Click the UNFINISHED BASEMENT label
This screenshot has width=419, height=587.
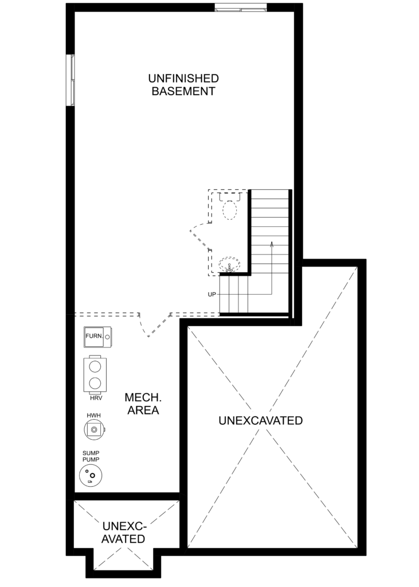(x=183, y=85)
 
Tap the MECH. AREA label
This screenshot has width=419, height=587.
(x=143, y=404)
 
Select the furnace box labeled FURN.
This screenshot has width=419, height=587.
(x=98, y=336)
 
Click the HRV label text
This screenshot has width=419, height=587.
(x=96, y=398)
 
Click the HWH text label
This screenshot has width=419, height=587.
(x=93, y=416)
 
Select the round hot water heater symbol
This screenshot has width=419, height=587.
(x=95, y=429)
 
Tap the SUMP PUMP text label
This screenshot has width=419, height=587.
(x=91, y=456)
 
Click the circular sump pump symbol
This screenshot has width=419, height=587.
(x=91, y=475)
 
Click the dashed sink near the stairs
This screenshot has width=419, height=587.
(x=229, y=264)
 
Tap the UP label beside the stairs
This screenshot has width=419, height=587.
(x=212, y=295)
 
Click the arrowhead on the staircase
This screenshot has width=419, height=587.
(x=272, y=244)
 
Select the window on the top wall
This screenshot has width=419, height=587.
(x=241, y=7)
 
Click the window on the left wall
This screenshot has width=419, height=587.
(x=71, y=80)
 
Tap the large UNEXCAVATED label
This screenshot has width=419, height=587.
(x=261, y=421)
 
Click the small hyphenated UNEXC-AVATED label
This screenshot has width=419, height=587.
(x=124, y=533)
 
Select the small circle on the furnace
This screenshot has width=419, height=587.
(x=107, y=337)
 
